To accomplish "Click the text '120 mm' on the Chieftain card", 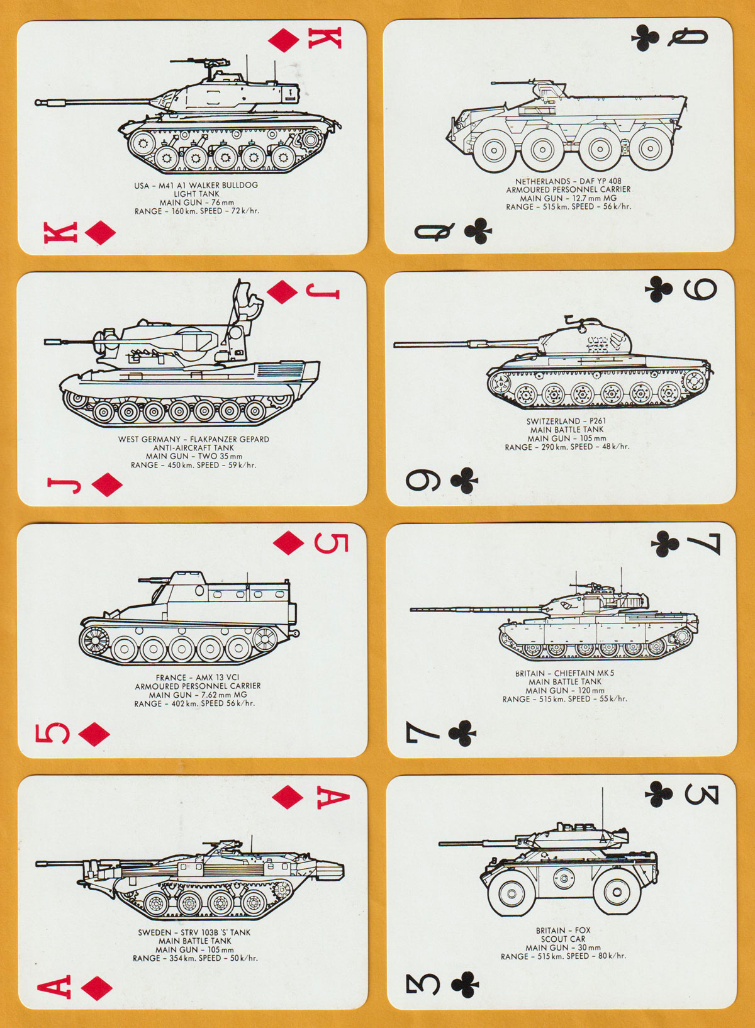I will point(590,690).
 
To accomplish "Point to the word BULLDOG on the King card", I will point(240,186).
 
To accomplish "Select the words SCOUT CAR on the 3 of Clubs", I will point(563,939).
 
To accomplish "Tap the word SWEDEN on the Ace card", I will point(154,932).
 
